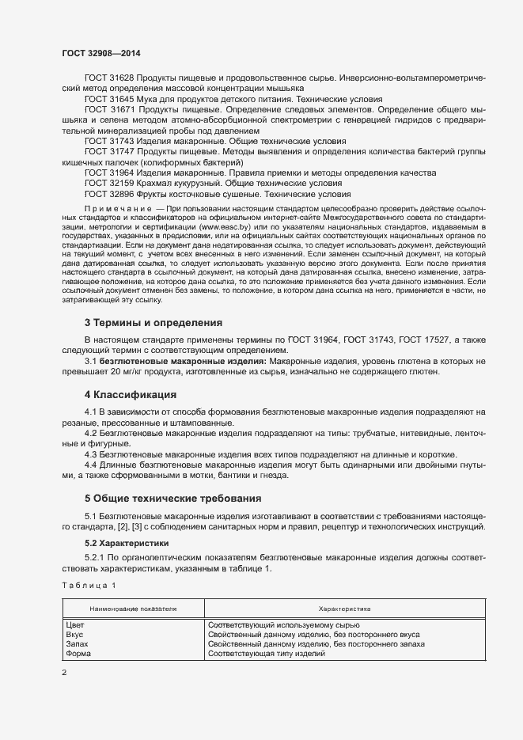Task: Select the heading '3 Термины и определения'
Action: click(153, 322)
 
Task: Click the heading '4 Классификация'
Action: click(131, 394)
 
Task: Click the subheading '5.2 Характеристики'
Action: click(126, 545)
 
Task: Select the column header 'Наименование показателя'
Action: click(133, 609)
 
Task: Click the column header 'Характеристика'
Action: click(344, 609)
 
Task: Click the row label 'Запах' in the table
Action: click(78, 645)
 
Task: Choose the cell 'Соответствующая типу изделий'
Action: click(267, 655)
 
